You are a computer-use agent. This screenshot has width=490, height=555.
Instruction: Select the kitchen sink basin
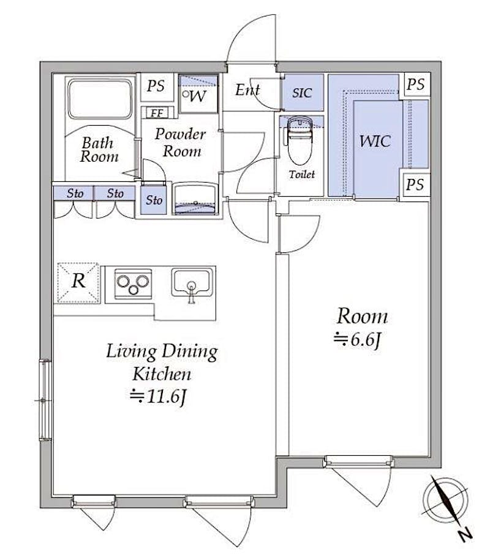[x=192, y=281]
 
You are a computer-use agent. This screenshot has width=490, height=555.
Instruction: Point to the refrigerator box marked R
[x=78, y=282]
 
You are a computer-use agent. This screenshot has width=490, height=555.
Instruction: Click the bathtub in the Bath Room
[x=99, y=99]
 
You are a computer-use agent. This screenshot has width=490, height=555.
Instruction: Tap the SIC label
[x=302, y=92]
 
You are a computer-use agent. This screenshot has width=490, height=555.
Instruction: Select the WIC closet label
[x=375, y=141]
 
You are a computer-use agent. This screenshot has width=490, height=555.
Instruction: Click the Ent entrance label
[x=247, y=90]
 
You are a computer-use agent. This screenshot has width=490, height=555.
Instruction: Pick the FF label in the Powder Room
[x=157, y=113]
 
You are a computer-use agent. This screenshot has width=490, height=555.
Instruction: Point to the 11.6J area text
[x=158, y=397]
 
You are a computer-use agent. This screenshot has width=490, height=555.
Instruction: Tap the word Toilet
[x=302, y=174]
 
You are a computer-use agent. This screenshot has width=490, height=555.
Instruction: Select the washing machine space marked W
[x=198, y=94]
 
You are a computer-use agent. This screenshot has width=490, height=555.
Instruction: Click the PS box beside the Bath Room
[x=156, y=86]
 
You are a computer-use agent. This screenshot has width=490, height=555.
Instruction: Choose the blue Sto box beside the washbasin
[x=154, y=200]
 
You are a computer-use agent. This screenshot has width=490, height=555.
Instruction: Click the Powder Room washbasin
[x=195, y=198]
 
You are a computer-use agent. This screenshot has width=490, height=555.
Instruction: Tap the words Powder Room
[x=181, y=142]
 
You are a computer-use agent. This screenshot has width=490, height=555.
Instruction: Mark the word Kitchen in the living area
[x=162, y=374]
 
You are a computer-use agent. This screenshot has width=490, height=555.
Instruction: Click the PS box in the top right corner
[x=415, y=85]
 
